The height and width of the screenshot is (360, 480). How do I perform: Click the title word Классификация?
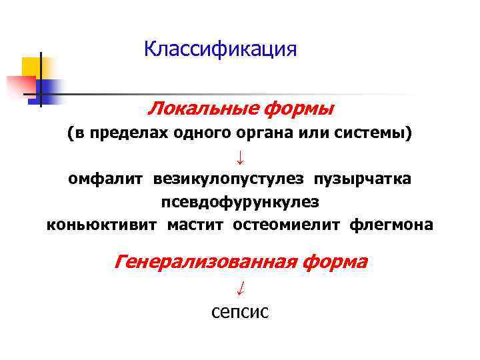220,50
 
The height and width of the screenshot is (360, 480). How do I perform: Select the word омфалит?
106,179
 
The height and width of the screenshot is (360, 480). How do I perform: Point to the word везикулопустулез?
229,179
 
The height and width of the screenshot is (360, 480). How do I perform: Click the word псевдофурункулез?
240,201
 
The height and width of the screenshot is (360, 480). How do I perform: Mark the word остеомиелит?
287,225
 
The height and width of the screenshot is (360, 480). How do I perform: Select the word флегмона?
391,225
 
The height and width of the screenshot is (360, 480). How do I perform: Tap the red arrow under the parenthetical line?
240,157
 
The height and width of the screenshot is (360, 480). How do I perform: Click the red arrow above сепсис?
240,287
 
